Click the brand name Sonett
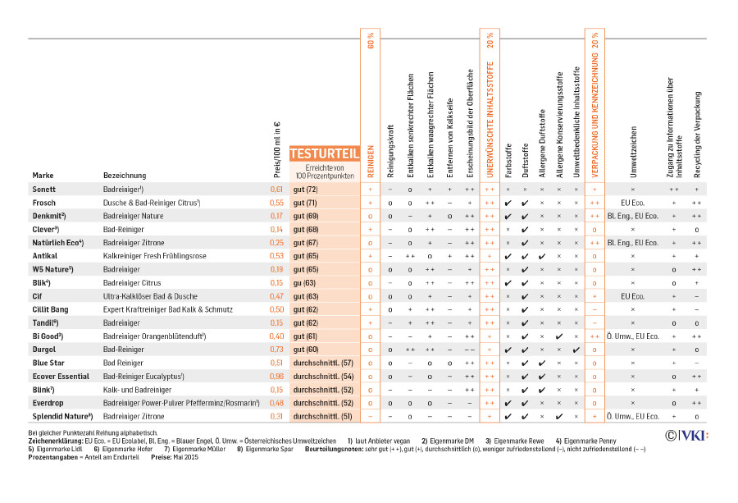pyautogui.click(x=44, y=190)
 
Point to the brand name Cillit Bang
pyautogui.click(x=51, y=309)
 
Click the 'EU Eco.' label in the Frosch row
pyautogui.click(x=632, y=203)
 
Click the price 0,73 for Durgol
pyautogui.click(x=276, y=350)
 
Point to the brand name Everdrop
pyautogui.click(x=49, y=403)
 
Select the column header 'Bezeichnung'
pyautogui.click(x=125, y=176)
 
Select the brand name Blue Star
pyautogui.click(x=48, y=363)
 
